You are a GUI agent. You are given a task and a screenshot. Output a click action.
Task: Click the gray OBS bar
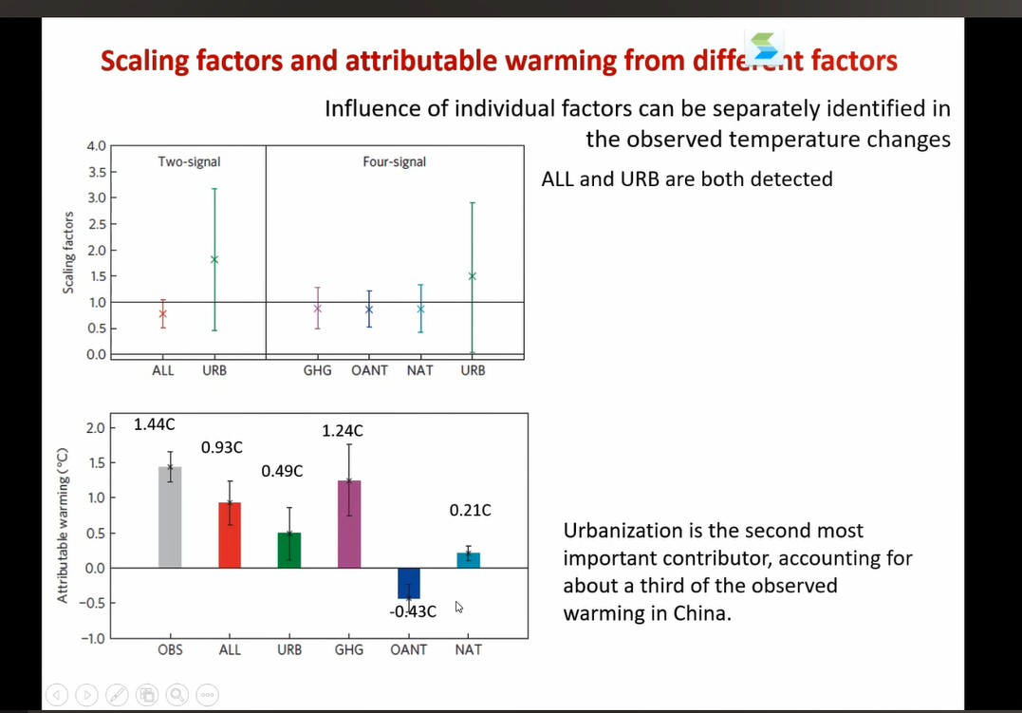pos(170,517)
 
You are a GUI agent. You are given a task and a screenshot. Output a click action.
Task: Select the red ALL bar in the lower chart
pos(230,535)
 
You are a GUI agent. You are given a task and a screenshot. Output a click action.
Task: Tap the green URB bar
pos(289,550)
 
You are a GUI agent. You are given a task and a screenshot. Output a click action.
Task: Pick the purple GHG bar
pos(349,524)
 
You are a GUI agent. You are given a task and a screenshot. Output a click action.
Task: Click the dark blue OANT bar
pos(409,582)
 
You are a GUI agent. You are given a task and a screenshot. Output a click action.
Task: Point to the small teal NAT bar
pos(469,560)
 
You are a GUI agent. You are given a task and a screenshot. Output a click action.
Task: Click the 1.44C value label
pos(154,425)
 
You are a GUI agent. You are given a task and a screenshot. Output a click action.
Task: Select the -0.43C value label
pos(414,611)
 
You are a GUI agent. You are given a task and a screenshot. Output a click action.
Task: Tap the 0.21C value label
pos(471,511)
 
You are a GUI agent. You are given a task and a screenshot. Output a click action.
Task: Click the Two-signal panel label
pos(189,162)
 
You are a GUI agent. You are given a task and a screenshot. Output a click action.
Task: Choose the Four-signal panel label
pos(394,162)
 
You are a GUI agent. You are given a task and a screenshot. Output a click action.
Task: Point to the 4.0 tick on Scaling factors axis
pos(96,146)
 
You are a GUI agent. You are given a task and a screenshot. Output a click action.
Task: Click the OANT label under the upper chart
pos(369,370)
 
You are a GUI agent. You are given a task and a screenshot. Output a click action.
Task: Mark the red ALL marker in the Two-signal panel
pos(163,313)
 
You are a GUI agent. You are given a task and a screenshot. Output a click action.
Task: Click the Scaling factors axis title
pos(68,252)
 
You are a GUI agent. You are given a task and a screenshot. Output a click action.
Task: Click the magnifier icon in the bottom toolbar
pos(177,694)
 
